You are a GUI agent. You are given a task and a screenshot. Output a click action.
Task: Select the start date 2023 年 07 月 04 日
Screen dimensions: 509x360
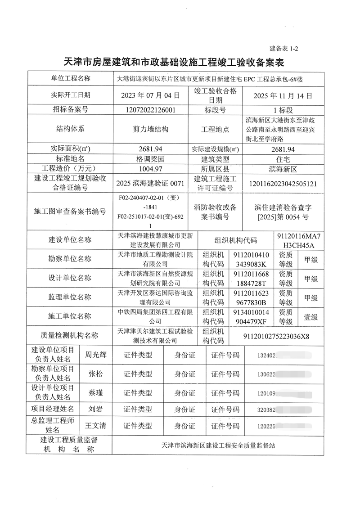pyautogui.click(x=150, y=95)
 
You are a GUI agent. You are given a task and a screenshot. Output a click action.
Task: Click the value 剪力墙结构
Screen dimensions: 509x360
pyautogui.click(x=150, y=129)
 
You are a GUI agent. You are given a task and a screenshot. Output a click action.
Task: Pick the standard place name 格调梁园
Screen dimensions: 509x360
pyautogui.click(x=150, y=159)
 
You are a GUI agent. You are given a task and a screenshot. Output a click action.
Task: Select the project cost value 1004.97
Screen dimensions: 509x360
pyautogui.click(x=150, y=169)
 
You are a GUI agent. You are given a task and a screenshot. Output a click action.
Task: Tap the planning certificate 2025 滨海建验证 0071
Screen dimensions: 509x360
pyautogui.click(x=150, y=184)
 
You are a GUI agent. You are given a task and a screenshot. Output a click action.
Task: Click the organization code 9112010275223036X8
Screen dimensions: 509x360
pyautogui.click(x=276, y=336)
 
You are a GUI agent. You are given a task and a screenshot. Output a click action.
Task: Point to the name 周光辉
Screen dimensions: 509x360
pyautogui.click(x=96, y=355)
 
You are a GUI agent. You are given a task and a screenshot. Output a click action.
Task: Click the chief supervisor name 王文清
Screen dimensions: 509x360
pyautogui.click(x=96, y=425)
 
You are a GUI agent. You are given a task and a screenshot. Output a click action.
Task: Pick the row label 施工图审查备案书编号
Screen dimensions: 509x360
pyautogui.click(x=70, y=212)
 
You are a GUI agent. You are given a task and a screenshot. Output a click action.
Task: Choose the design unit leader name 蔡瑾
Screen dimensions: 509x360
pyautogui.click(x=96, y=392)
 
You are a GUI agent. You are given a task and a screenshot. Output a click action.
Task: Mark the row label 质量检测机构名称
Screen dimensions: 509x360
pyautogui.click(x=70, y=336)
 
